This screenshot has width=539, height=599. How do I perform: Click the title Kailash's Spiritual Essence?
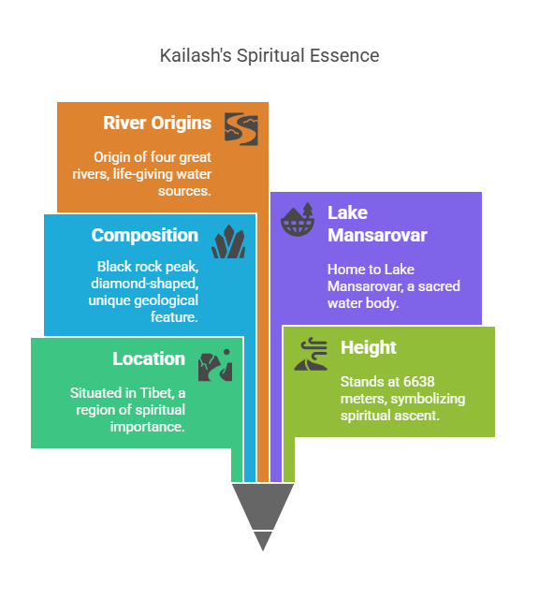[269, 55]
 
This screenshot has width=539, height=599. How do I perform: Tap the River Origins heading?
[157, 123]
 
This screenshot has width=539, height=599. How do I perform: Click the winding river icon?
[241, 129]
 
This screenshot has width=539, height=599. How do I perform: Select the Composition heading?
[145, 235]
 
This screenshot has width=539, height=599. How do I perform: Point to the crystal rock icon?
[228, 241]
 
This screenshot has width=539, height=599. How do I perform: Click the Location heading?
[149, 358]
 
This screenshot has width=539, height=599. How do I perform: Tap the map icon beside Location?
[215, 365]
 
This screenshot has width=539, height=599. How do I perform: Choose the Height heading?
[369, 347]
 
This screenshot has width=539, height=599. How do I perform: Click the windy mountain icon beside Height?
[311, 354]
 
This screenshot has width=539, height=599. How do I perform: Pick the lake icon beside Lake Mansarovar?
[298, 219]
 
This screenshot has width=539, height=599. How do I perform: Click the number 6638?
[419, 381]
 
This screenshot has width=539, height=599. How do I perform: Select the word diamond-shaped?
[145, 284]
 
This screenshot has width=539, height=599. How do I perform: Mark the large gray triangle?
[263, 505]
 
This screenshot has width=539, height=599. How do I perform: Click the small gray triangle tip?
[263, 550]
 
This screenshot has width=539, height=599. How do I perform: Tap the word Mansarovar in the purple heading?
[377, 235]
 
